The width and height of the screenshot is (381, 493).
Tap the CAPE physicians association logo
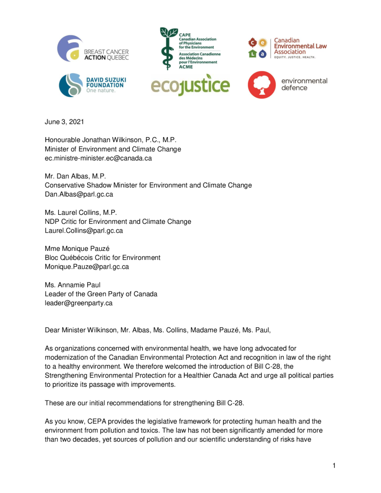tap(188, 49)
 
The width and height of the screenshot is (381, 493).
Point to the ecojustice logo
tap(190, 85)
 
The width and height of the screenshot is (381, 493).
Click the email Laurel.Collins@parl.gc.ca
tap(84, 231)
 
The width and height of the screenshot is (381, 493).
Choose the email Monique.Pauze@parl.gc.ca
tap(87, 266)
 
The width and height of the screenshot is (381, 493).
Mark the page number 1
tap(333, 465)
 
